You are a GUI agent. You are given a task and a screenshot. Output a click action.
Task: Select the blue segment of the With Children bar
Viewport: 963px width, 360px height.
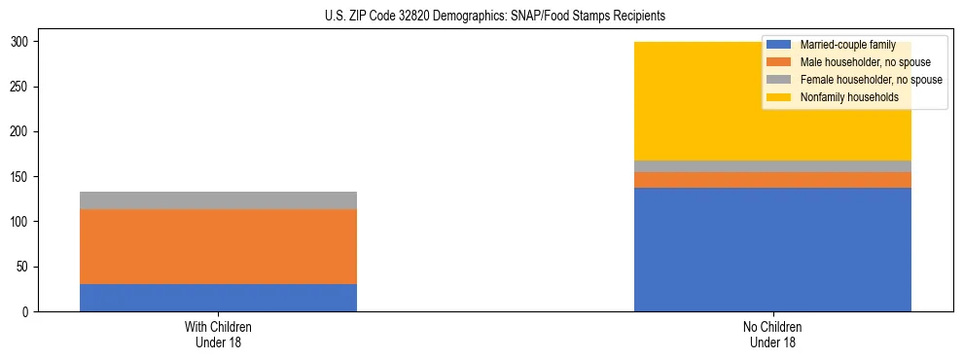coord(218,298)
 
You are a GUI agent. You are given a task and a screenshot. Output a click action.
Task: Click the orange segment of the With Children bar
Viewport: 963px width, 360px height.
coord(218,246)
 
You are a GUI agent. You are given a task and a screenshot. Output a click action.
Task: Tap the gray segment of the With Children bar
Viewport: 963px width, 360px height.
coord(218,200)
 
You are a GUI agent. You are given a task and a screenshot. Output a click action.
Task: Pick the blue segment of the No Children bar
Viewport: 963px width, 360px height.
coord(772,249)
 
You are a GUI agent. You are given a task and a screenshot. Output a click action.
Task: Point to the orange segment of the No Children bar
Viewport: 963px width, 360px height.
coord(772,180)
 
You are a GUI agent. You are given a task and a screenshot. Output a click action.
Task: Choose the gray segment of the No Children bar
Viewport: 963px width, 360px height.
coord(772,166)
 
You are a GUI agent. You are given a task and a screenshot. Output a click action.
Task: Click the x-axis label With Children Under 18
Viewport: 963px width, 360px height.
coord(218,334)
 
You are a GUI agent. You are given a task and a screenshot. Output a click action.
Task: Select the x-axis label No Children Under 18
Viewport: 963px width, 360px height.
coord(772,334)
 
